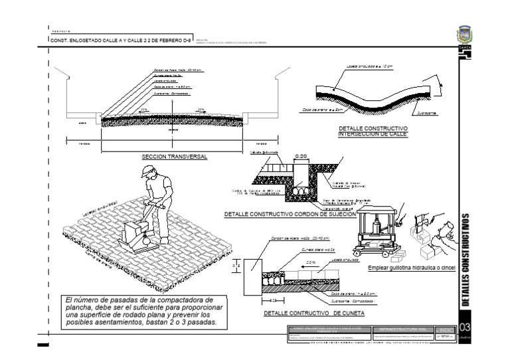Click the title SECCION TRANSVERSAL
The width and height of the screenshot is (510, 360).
coord(175,157)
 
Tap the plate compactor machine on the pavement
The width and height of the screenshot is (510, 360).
coord(136,235)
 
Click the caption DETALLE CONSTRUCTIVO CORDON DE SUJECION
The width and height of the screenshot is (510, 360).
coord(290,215)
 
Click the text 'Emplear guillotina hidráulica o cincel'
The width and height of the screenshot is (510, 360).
coord(413,268)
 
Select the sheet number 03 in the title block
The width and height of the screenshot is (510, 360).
coord(464,328)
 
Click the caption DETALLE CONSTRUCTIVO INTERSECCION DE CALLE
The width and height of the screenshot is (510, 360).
coord(373,131)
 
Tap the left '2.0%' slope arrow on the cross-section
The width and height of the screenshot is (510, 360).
coord(143,110)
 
